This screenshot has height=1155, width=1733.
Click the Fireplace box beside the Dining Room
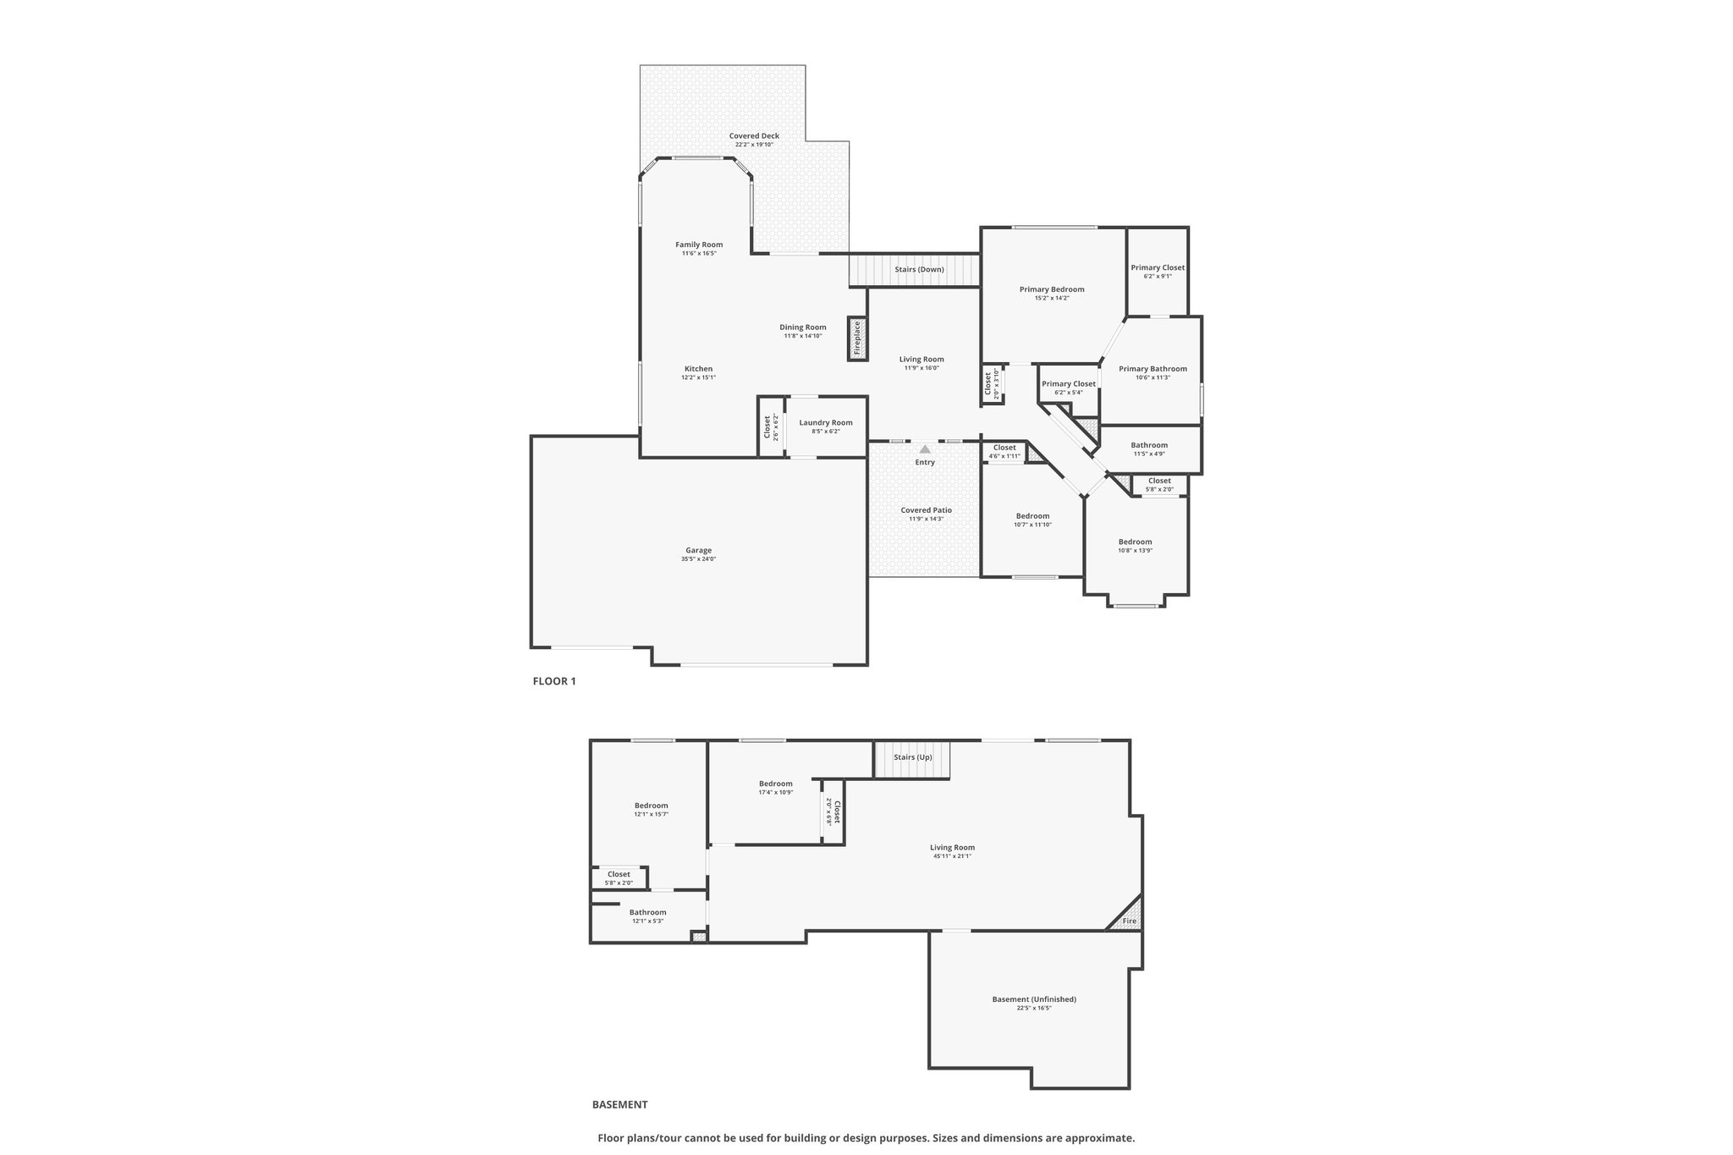click(x=856, y=338)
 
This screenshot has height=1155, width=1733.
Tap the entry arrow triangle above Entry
click(x=925, y=449)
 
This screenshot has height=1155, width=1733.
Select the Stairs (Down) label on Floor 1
click(x=919, y=270)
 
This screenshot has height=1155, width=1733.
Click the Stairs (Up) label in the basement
click(x=912, y=757)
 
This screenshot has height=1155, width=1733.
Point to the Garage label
click(x=698, y=551)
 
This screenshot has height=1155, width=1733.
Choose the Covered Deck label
click(x=754, y=136)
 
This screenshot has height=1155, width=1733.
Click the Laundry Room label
click(x=825, y=423)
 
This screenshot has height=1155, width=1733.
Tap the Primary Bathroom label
click(x=1153, y=369)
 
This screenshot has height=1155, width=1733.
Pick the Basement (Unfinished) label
click(x=1034, y=999)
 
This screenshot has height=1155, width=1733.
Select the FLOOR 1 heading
click(x=554, y=681)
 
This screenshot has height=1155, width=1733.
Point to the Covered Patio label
click(x=926, y=510)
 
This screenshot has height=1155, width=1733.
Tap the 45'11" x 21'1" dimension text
click(x=952, y=856)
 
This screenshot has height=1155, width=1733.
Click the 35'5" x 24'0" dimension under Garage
click(x=698, y=559)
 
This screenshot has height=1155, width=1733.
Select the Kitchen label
click(x=698, y=369)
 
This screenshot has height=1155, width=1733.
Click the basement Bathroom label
click(x=647, y=912)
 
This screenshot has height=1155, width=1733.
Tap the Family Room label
click(x=699, y=245)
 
